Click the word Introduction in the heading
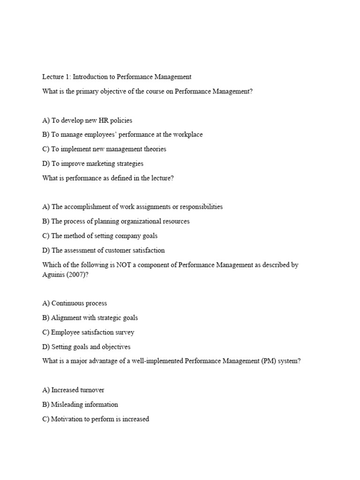click(x=94, y=77)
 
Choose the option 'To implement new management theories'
click(x=104, y=150)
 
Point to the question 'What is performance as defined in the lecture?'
click(x=108, y=179)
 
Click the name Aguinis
click(x=53, y=275)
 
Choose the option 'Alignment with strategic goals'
click(x=90, y=318)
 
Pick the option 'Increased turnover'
click(x=73, y=390)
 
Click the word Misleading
click(x=67, y=405)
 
